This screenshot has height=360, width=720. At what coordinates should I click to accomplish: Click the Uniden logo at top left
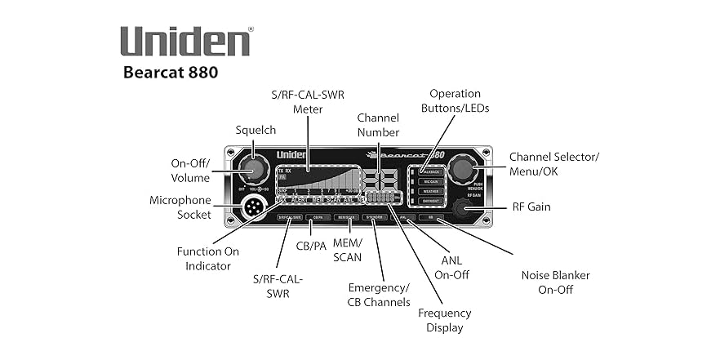[x=186, y=41]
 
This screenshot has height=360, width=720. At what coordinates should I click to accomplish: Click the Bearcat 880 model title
[x=171, y=72]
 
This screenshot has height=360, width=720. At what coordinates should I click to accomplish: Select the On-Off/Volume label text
[x=190, y=170]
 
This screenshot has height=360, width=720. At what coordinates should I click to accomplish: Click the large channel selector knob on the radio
[x=464, y=170]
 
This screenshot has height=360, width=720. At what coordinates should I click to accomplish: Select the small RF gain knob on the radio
[x=467, y=209]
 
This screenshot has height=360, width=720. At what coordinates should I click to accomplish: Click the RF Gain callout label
[x=531, y=207]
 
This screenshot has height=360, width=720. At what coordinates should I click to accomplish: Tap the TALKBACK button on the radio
[x=431, y=172]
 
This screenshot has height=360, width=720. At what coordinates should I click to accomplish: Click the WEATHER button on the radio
[x=431, y=191]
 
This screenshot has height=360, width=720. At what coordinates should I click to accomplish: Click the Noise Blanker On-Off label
[x=555, y=282]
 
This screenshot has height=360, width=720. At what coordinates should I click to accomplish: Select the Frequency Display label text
[x=445, y=320]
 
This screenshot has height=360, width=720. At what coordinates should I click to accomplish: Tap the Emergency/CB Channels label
[x=379, y=295]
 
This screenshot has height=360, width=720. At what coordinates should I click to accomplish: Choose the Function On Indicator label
[x=208, y=258]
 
